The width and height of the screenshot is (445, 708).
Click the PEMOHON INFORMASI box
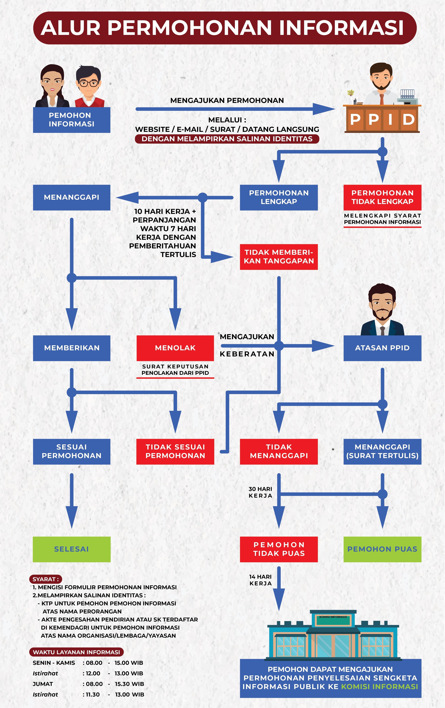[x=71, y=120]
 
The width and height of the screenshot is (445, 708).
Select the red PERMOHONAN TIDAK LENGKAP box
[x=382, y=197]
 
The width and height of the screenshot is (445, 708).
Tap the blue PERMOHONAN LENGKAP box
[x=279, y=197]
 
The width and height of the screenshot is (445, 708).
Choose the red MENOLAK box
[x=175, y=348]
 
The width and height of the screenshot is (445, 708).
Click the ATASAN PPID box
[x=382, y=348]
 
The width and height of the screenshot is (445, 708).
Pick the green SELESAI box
[x=71, y=549]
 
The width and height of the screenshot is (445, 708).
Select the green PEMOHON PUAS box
[x=382, y=549]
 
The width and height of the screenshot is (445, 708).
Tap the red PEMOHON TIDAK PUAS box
[x=279, y=549]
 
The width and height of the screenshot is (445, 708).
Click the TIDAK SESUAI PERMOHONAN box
[x=175, y=451]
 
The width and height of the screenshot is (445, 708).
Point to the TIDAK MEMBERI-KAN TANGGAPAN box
[x=279, y=257]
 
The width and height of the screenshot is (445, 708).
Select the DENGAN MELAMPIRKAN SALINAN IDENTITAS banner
[x=227, y=139]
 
